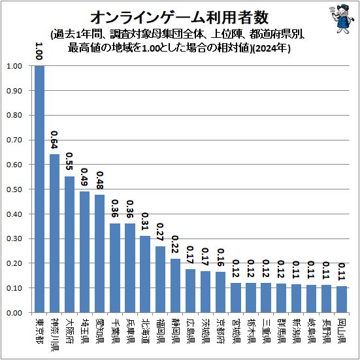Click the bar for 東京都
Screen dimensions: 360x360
[40, 189]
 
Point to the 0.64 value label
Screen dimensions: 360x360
[55, 142]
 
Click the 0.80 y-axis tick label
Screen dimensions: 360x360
[14, 116]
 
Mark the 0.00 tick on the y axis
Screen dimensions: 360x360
[14, 313]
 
